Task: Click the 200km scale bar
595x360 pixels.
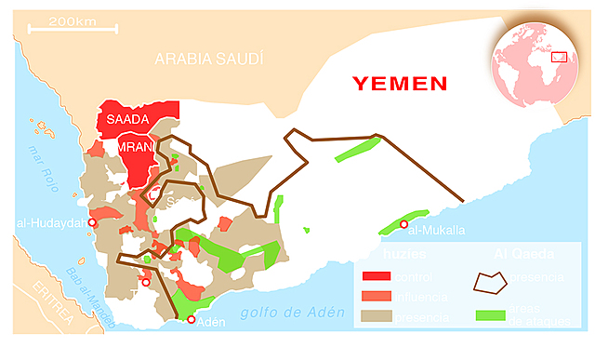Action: click(x=73, y=28)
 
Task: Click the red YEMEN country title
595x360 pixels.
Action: click(x=400, y=84)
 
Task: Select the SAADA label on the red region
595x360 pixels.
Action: click(x=128, y=120)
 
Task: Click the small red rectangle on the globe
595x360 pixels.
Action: click(x=559, y=57)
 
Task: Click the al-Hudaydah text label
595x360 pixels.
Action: click(x=51, y=223)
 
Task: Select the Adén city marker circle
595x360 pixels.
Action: click(x=192, y=320)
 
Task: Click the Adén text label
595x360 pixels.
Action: click(x=213, y=322)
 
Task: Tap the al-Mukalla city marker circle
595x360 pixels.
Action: click(x=403, y=224)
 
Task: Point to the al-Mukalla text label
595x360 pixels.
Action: click(x=436, y=230)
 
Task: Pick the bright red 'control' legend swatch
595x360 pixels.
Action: click(x=376, y=276)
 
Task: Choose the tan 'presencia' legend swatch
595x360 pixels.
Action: click(x=376, y=317)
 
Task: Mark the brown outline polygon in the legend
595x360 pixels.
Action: click(x=490, y=280)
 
